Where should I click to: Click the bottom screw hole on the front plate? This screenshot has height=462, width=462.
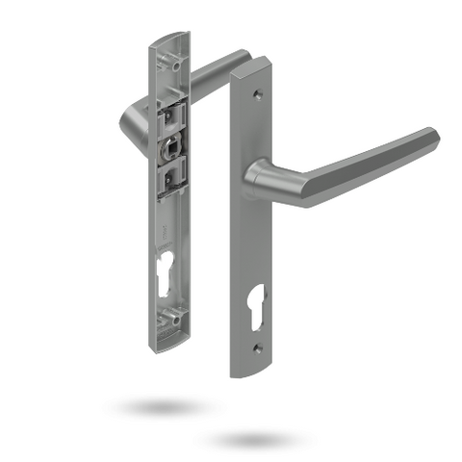pos(257,348)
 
